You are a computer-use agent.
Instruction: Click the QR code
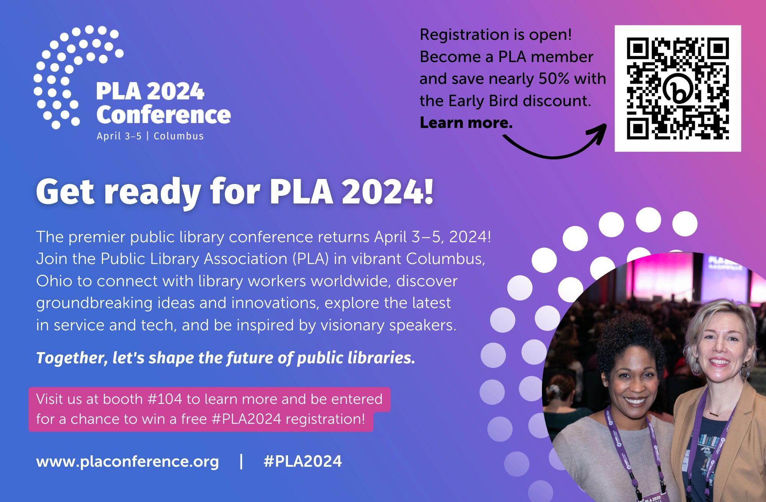click(678, 89)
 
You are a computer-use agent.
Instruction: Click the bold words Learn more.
click(466, 123)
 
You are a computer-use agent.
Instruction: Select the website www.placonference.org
click(128, 461)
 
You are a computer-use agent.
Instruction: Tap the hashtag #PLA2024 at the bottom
click(303, 461)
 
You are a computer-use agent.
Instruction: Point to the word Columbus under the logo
click(178, 136)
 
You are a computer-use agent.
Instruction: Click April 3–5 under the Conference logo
click(119, 136)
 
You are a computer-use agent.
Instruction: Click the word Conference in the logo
click(164, 115)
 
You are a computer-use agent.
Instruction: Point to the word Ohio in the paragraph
click(54, 281)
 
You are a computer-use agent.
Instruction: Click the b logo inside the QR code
click(678, 89)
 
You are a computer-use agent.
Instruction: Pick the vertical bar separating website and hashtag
click(241, 461)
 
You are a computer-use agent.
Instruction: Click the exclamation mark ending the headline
click(429, 190)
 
